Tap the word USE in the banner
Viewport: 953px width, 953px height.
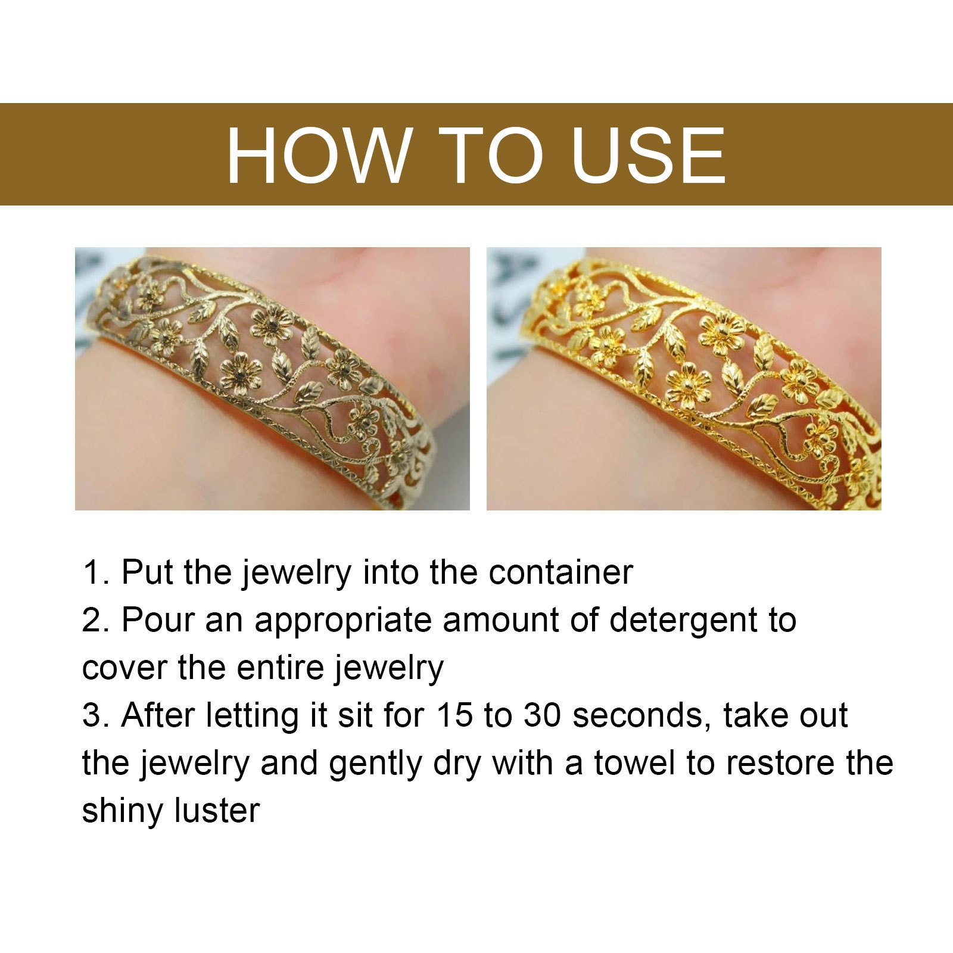(x=648, y=154)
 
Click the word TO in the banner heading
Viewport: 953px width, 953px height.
(x=490, y=154)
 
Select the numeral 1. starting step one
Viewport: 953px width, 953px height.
(x=95, y=572)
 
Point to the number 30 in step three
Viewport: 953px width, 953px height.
(x=541, y=715)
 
